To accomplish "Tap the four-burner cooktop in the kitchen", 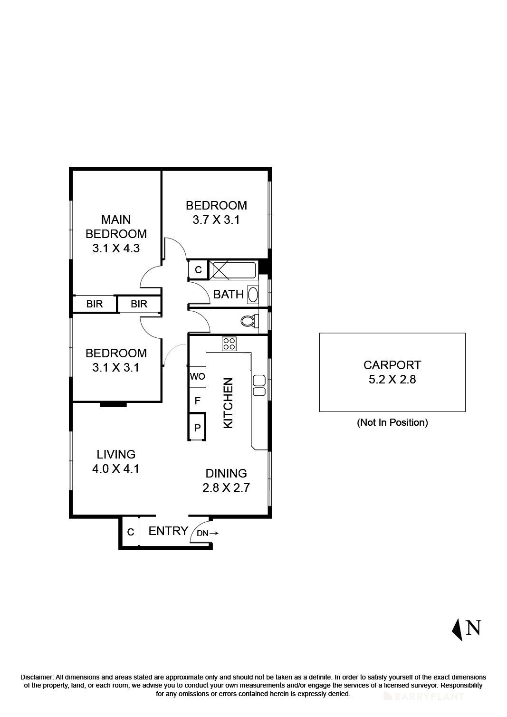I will (x=229, y=344).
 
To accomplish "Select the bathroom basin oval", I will (x=253, y=295).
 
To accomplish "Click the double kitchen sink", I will (x=259, y=385).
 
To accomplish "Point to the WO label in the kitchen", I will (x=197, y=376).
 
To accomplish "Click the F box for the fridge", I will (x=197, y=401).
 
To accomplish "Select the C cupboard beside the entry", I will (x=130, y=532).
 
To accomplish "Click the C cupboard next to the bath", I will (x=198, y=270).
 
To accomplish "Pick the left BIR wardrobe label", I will (x=95, y=304).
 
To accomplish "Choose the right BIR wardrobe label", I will (x=139, y=304).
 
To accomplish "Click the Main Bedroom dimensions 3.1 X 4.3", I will (x=116, y=248).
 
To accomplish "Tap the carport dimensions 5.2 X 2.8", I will (x=392, y=379).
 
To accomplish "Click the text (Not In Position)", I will (x=392, y=422).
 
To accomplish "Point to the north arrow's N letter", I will (x=473, y=628).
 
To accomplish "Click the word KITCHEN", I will (x=229, y=403).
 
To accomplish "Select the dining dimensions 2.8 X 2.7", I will (x=226, y=488).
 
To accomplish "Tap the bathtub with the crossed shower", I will (x=233, y=270).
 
